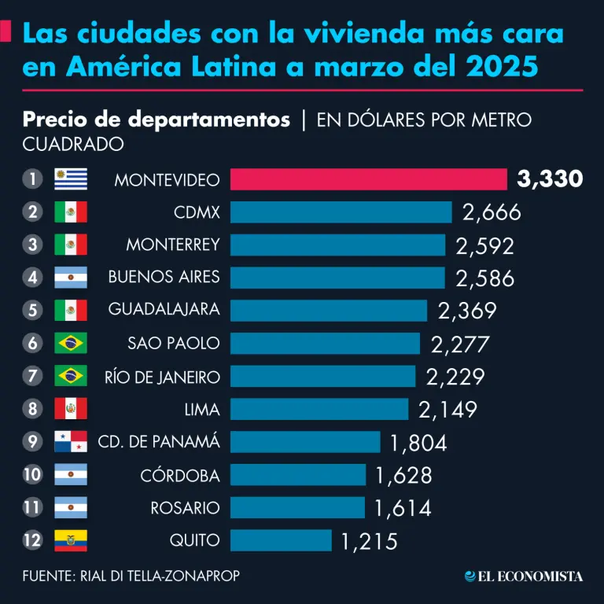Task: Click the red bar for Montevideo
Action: pyautogui.click(x=368, y=179)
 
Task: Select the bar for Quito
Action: pyautogui.click(x=281, y=540)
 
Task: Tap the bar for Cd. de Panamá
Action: pyautogui.click(x=305, y=442)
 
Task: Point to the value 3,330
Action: pyautogui.click(x=550, y=179)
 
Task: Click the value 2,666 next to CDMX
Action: pyautogui.click(x=492, y=212)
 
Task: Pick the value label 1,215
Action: pyautogui.click(x=370, y=541)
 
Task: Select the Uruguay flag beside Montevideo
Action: pyautogui.click(x=71, y=179)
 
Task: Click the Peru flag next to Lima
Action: pyautogui.click(x=71, y=409)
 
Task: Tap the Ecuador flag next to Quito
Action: pyautogui.click(x=71, y=540)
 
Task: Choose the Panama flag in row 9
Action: pyautogui.click(x=71, y=442)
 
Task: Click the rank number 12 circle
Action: pyautogui.click(x=32, y=540)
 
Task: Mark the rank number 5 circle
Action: pyautogui.click(x=32, y=310)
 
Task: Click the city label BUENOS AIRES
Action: pyautogui.click(x=164, y=277)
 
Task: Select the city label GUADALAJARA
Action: pyautogui.click(x=164, y=310)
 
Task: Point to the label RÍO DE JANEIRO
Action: pyautogui.click(x=162, y=377)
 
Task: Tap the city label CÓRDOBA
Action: pyautogui.click(x=179, y=475)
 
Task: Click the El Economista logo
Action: pyautogui.click(x=524, y=576)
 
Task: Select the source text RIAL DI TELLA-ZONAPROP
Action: pyautogui.click(x=160, y=576)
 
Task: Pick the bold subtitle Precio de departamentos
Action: pyautogui.click(x=157, y=120)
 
